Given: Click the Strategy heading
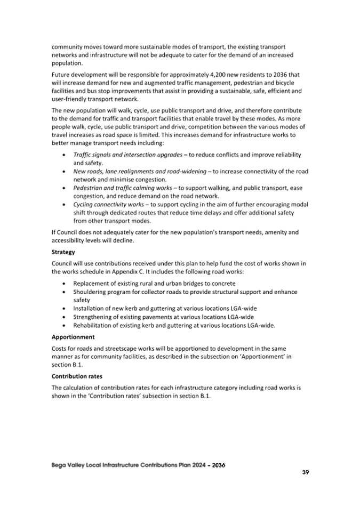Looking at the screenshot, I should (63, 252).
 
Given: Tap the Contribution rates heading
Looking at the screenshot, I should (77, 376).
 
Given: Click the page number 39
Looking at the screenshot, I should (306, 472).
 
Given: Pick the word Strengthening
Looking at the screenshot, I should (92, 317).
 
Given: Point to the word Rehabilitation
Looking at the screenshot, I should (92, 325).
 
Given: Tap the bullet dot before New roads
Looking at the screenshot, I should (65, 172).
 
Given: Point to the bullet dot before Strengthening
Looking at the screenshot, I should (65, 317).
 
